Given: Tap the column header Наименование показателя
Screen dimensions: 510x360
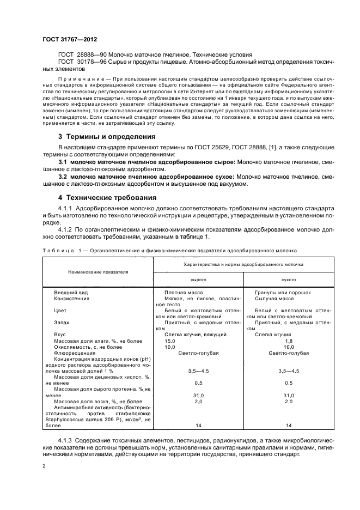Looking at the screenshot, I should pos(98,271).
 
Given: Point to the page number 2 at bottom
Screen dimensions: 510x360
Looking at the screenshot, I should pos(44,466).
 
